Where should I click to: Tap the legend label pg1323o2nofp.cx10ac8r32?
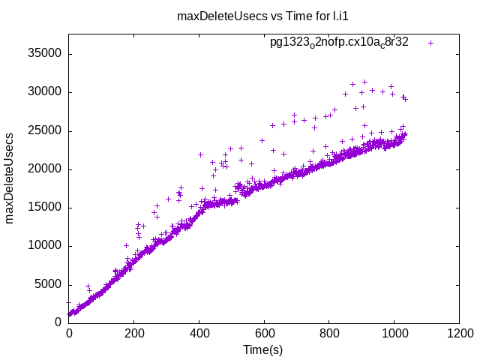(x=339, y=42)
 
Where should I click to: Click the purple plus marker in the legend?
(x=430, y=43)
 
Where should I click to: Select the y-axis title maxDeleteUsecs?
(x=10, y=178)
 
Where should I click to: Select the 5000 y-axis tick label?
(x=47, y=284)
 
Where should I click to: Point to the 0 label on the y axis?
(x=58, y=322)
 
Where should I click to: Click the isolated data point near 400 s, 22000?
(x=200, y=154)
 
